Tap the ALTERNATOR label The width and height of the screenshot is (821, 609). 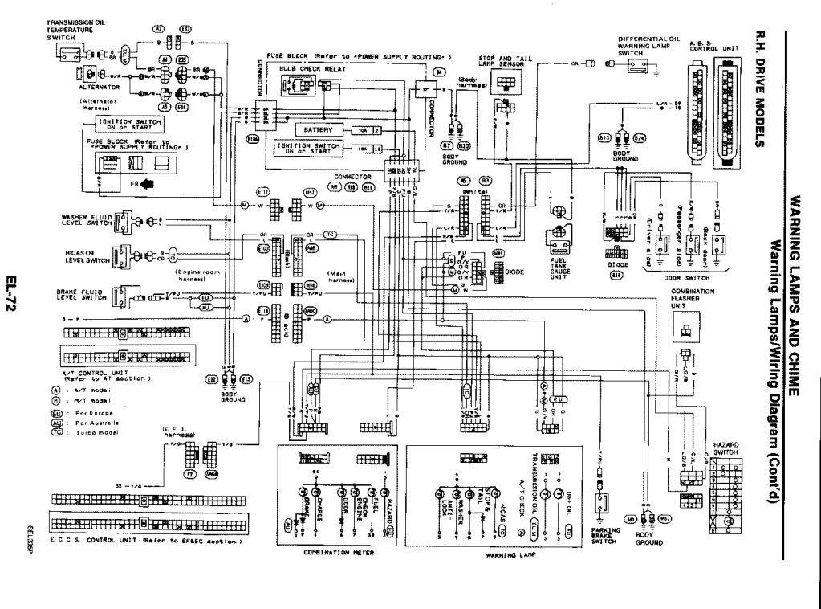(x=98, y=86)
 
